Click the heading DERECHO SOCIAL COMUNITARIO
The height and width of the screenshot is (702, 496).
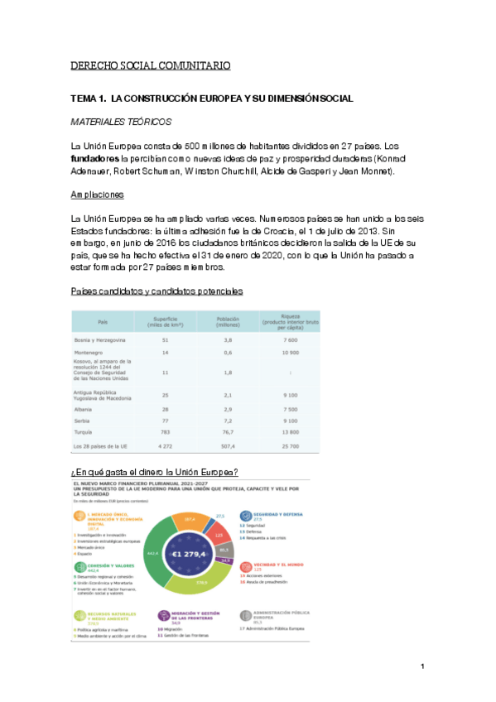[150, 65]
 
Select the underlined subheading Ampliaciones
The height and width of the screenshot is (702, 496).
[97, 195]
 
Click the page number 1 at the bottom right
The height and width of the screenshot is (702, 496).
[422, 666]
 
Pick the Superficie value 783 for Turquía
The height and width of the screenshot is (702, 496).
[166, 432]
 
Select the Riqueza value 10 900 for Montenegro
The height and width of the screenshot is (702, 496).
[289, 353]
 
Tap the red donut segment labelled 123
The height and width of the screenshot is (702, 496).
[219, 536]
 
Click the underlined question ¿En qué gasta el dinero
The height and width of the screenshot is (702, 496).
[156, 472]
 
